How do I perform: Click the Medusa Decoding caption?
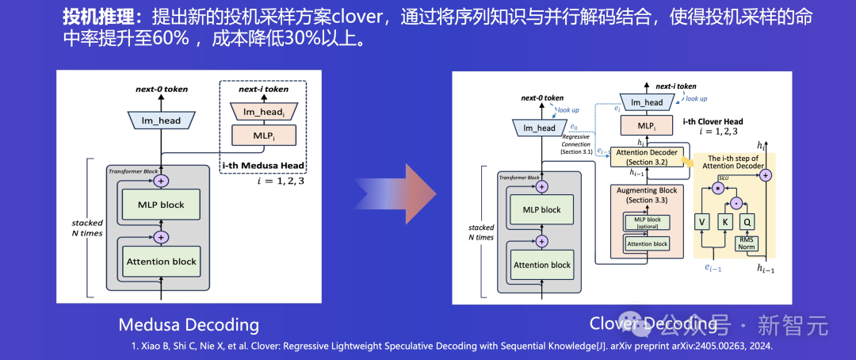[189, 324]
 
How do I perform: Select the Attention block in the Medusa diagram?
[161, 260]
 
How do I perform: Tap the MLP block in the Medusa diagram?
[161, 205]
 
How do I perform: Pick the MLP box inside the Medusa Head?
[262, 136]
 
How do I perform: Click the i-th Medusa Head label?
[262, 165]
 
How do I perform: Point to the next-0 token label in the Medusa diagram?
[161, 89]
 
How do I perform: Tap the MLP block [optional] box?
[647, 223]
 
